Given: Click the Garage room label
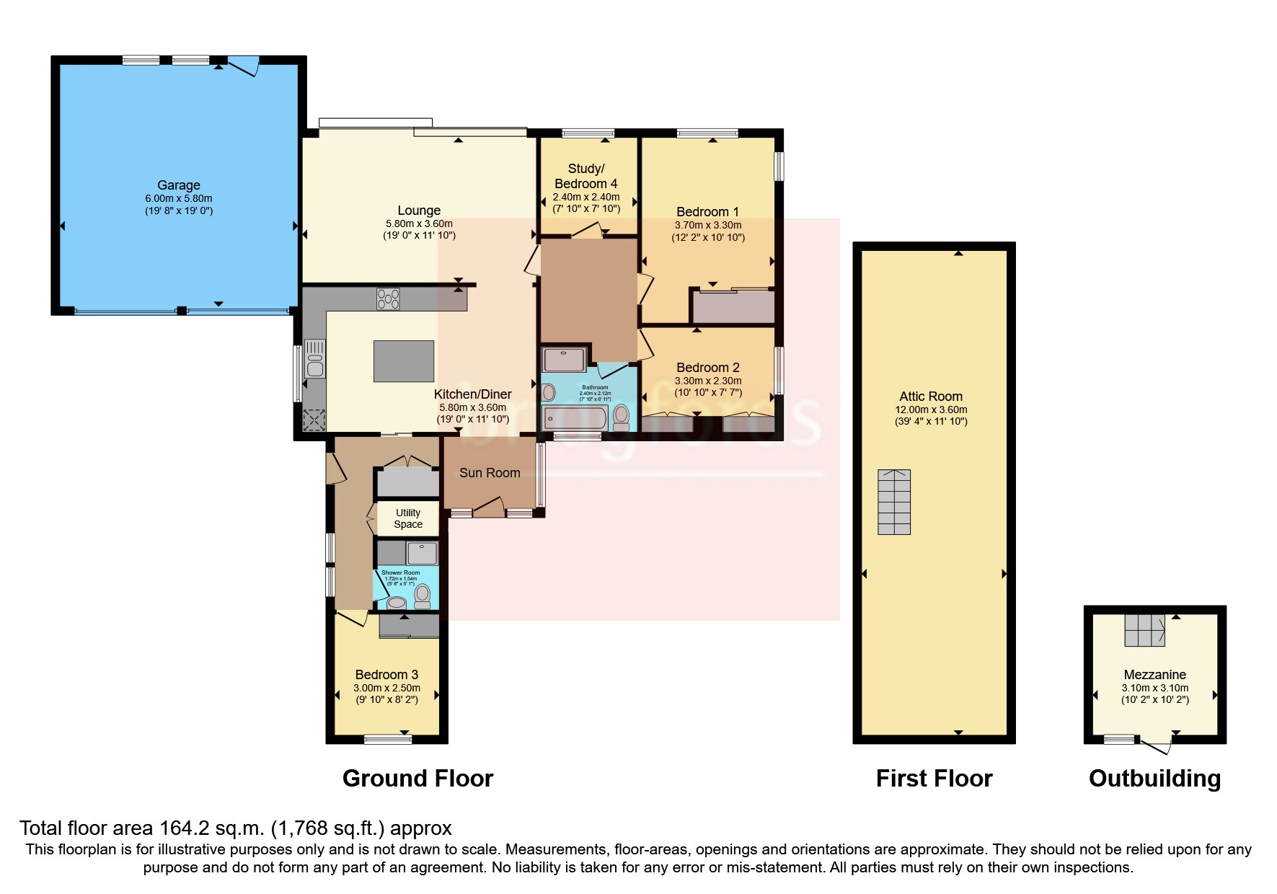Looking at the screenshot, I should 178,185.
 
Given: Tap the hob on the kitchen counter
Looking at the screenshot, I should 388,298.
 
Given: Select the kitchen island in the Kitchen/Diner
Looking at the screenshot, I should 404,361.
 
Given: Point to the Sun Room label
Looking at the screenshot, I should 490,473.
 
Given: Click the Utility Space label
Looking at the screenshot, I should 408,518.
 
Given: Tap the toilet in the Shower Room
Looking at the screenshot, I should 423,596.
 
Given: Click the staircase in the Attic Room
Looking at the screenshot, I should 894,502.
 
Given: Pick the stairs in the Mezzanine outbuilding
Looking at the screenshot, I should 1145,631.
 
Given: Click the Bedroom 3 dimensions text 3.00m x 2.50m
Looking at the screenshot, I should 386,688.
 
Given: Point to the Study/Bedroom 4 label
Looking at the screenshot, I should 586,176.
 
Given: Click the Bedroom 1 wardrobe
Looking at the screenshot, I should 733,306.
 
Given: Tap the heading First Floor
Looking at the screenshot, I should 934,779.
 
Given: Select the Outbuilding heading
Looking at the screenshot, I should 1154,779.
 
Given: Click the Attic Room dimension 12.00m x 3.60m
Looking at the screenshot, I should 931,410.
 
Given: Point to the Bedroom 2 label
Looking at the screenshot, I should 707,368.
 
